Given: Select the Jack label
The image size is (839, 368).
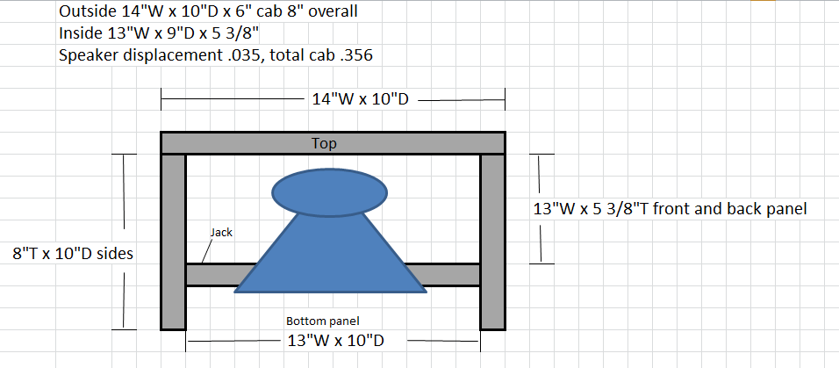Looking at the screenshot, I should [x=220, y=233].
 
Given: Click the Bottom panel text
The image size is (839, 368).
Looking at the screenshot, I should [x=323, y=321].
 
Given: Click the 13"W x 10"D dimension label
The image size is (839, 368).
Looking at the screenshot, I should [x=333, y=341].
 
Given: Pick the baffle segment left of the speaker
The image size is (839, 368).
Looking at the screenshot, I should [x=218, y=274].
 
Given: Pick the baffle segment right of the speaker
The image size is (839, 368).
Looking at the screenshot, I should [x=448, y=274].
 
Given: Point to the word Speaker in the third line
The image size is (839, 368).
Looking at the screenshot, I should [x=89, y=54].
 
